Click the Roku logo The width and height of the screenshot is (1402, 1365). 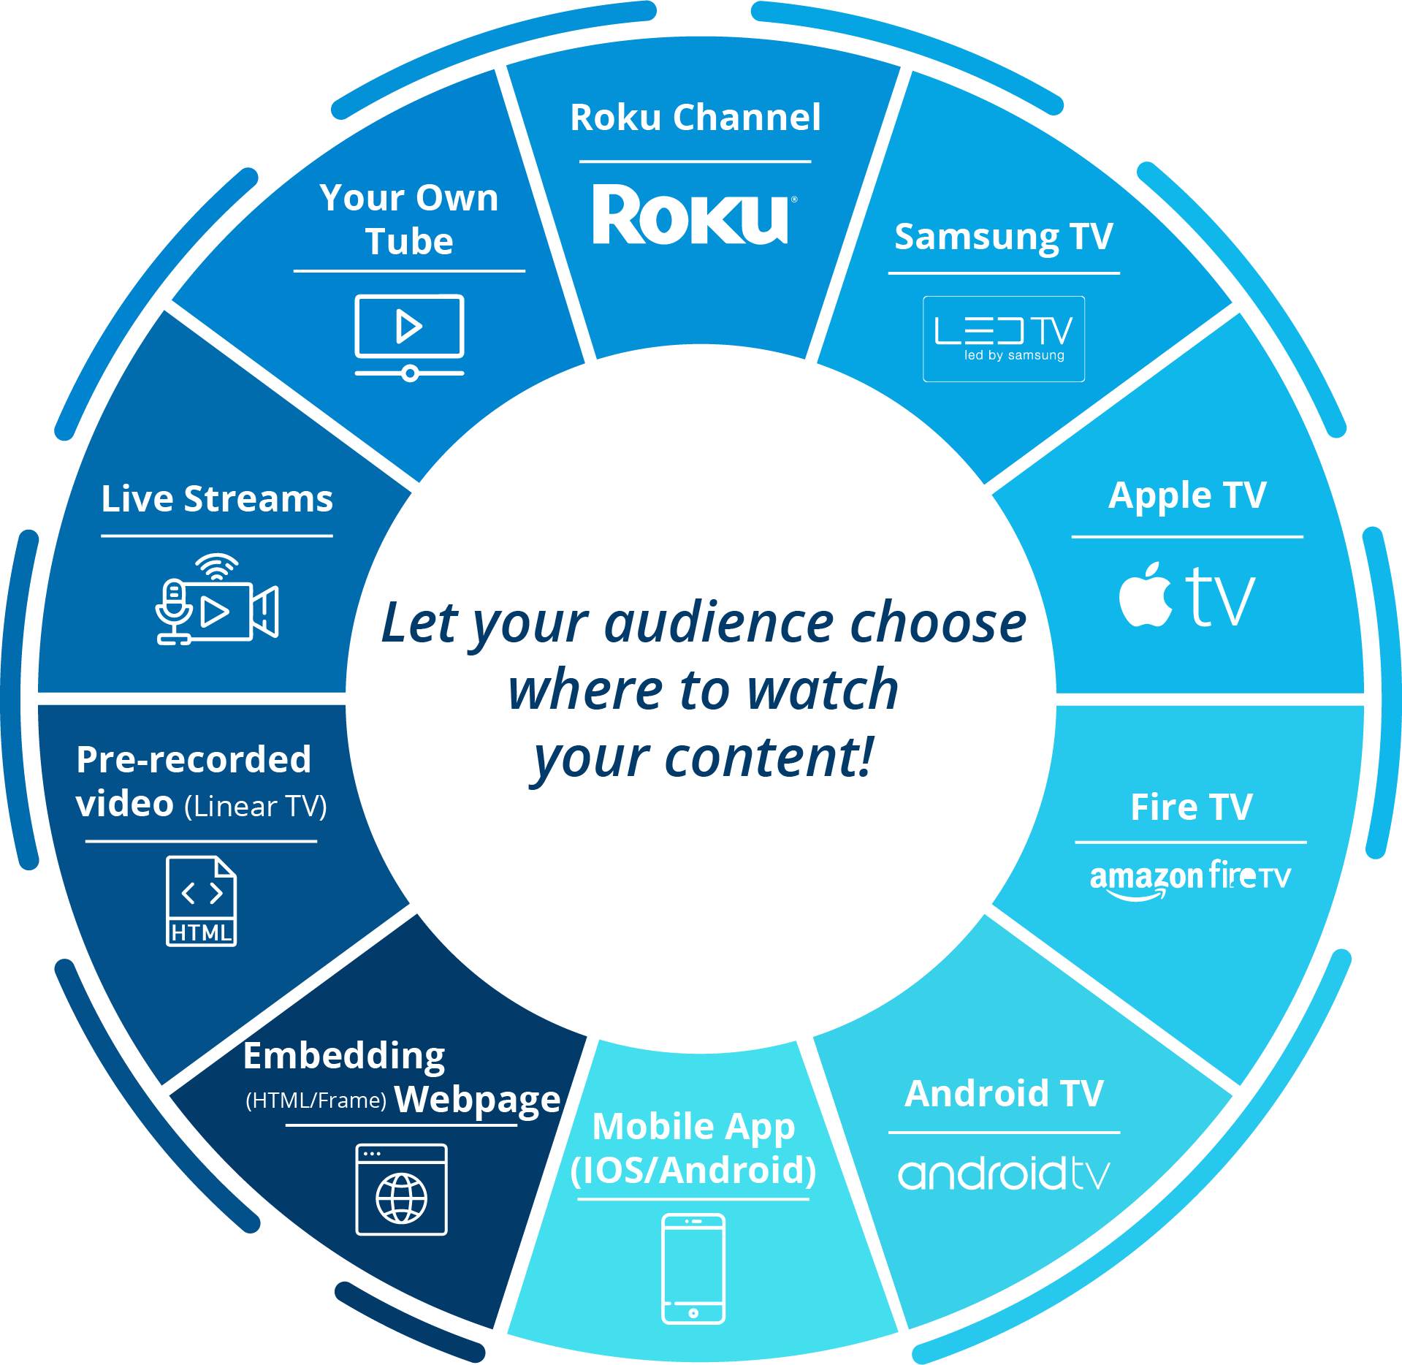[691, 215]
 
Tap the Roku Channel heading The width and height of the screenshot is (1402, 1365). [695, 118]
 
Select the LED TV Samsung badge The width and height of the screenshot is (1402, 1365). [1003, 338]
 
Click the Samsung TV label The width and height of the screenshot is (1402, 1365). [1003, 237]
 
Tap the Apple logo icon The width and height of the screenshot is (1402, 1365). [1146, 596]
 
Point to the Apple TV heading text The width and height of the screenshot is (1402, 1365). [1186, 496]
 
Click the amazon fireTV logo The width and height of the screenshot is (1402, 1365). [1189, 878]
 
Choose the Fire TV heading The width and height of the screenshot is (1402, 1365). [1191, 807]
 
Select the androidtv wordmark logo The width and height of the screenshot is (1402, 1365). [1003, 1174]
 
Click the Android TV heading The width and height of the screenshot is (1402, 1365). [1003, 1094]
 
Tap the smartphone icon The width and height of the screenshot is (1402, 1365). [693, 1268]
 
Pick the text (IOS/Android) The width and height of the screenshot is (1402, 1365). [693, 1171]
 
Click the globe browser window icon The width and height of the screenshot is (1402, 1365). [401, 1189]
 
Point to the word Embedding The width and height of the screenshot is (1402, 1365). [344, 1056]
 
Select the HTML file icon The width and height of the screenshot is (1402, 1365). [201, 901]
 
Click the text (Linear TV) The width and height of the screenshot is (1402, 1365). [255, 807]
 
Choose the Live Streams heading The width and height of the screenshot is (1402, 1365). [217, 499]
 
